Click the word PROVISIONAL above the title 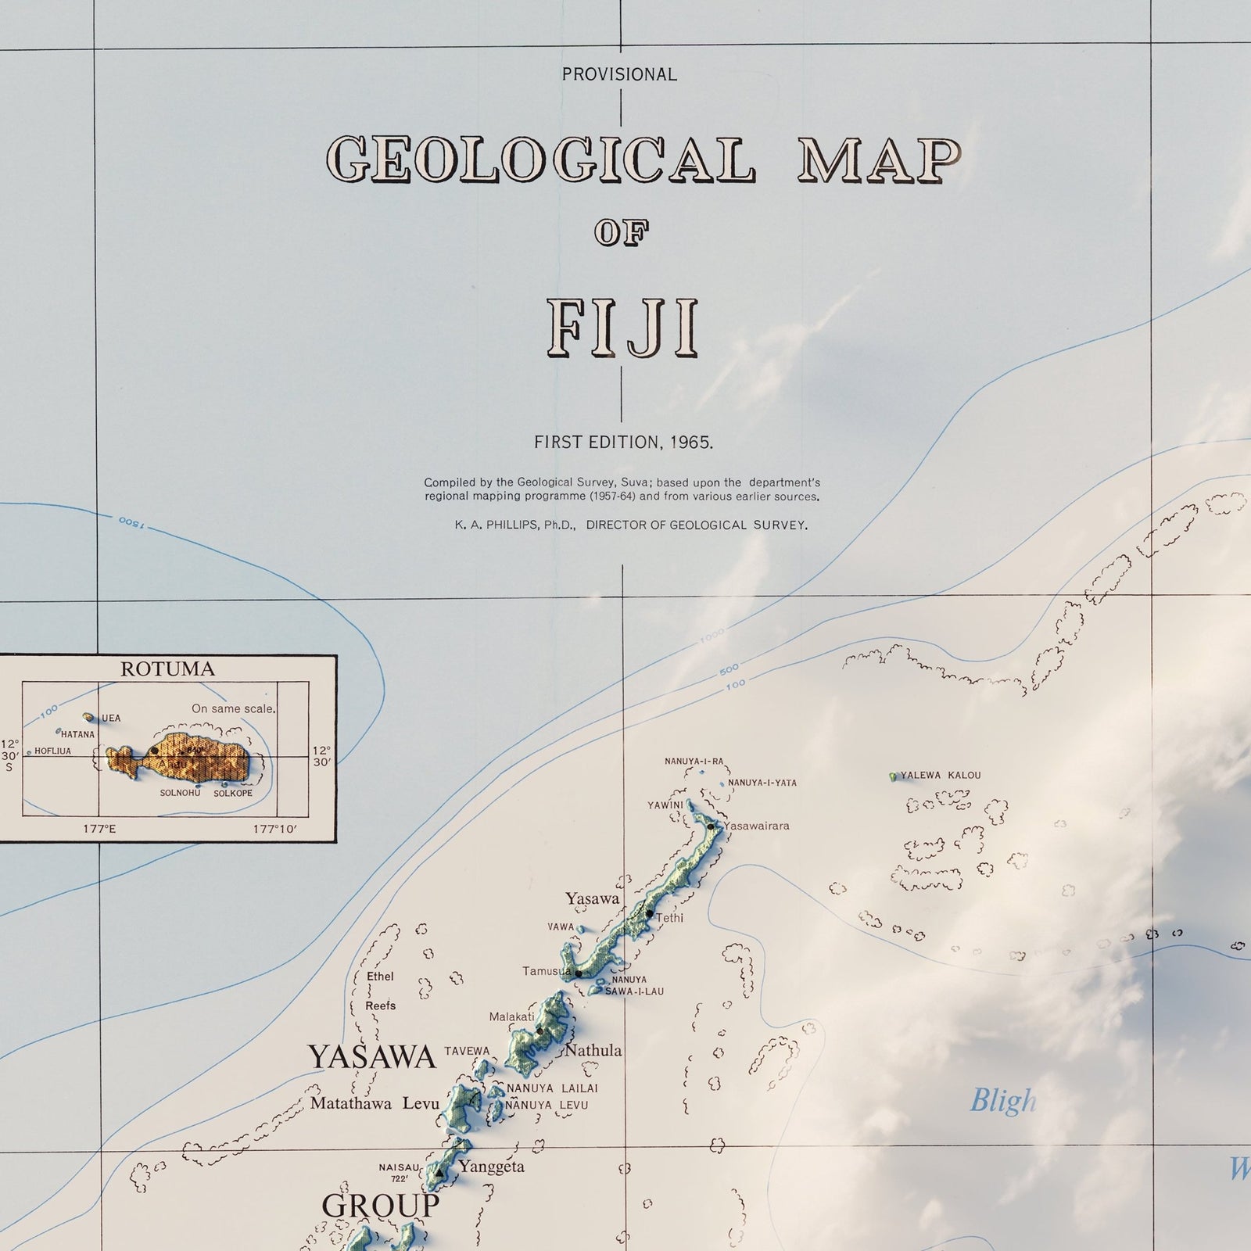619,75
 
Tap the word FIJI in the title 622,328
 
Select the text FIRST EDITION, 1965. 623,443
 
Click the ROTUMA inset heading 167,669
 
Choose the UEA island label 111,719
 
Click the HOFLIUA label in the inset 52,751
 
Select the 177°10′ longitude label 275,829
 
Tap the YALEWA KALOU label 940,776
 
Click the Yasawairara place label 756,826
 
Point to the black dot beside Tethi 649,913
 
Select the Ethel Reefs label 380,991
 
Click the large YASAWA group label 371,1057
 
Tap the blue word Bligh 1002,1102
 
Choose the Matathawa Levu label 375,1104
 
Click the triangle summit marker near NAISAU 439,1173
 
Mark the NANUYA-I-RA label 694,762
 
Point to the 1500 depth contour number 131,523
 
